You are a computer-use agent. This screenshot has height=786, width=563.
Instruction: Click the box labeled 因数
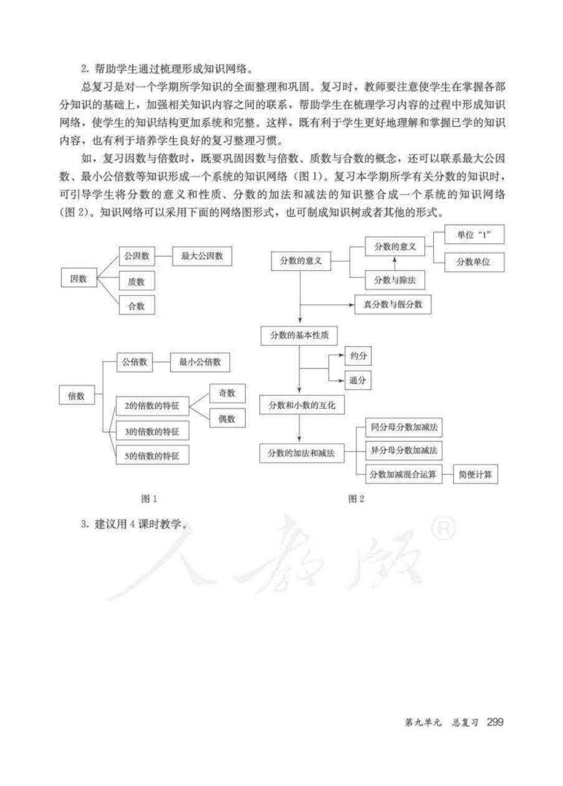coord(79,279)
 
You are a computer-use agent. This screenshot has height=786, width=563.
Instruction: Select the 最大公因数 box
coord(202,256)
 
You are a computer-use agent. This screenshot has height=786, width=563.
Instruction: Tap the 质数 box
coord(137,282)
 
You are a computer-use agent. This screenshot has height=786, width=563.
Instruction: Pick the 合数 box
coord(137,306)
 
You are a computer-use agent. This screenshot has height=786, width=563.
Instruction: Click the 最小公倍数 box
coord(200,362)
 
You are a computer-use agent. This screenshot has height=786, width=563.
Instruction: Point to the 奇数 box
coord(227,394)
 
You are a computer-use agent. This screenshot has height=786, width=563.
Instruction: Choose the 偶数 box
coord(227,419)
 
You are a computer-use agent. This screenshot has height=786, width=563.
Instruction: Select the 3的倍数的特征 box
coord(152,432)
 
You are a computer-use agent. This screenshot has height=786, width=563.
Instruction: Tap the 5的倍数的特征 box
coord(152,456)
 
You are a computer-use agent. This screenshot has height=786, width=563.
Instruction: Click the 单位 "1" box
coord(474,235)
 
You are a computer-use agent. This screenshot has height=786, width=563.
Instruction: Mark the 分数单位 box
coord(474,262)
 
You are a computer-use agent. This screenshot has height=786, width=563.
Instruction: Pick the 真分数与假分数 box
coord(393,304)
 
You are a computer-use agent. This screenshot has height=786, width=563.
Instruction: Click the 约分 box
coord(358,356)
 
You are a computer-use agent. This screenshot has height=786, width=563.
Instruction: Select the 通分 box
coord(358,380)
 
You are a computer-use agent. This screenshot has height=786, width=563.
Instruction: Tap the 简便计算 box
coord(475,475)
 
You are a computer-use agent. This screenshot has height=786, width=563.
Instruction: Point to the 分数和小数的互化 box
coord(302,406)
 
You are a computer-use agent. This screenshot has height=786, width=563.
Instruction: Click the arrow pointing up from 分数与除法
coord(395,263)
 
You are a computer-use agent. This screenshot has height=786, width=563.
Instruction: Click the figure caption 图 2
coord(356,499)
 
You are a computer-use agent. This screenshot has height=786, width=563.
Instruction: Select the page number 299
coord(495,722)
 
